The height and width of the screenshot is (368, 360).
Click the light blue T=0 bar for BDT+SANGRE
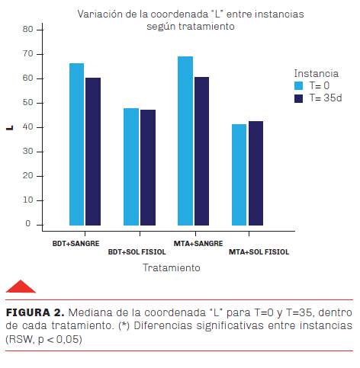tap(76, 144)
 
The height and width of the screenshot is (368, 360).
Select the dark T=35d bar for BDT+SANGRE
tap(93, 152)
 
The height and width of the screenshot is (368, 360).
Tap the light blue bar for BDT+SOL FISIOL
tap(131, 167)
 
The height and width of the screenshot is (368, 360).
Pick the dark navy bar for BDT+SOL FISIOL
tap(148, 168)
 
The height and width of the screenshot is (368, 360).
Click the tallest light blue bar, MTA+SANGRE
tap(185, 141)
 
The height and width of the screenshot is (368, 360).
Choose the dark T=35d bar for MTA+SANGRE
tap(202, 151)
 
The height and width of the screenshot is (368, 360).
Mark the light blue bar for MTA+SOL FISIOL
tap(239, 174)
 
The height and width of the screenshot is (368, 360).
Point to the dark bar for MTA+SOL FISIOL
tap(256, 173)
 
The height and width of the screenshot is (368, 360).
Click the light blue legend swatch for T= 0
tap(299, 85)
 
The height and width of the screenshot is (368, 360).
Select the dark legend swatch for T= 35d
tap(299, 98)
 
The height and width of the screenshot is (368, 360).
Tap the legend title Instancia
tap(317, 74)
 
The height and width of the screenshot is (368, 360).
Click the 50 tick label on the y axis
tap(28, 103)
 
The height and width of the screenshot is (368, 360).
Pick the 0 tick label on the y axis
tap(28, 224)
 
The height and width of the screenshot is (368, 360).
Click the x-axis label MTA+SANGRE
tap(198, 244)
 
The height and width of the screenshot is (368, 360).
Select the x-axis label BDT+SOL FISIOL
tap(137, 252)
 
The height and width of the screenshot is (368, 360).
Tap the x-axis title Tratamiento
tap(172, 268)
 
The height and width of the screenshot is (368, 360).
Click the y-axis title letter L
tap(9, 128)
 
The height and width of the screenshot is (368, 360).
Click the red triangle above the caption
tap(21, 286)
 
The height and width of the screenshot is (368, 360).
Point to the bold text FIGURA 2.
tap(35, 312)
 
